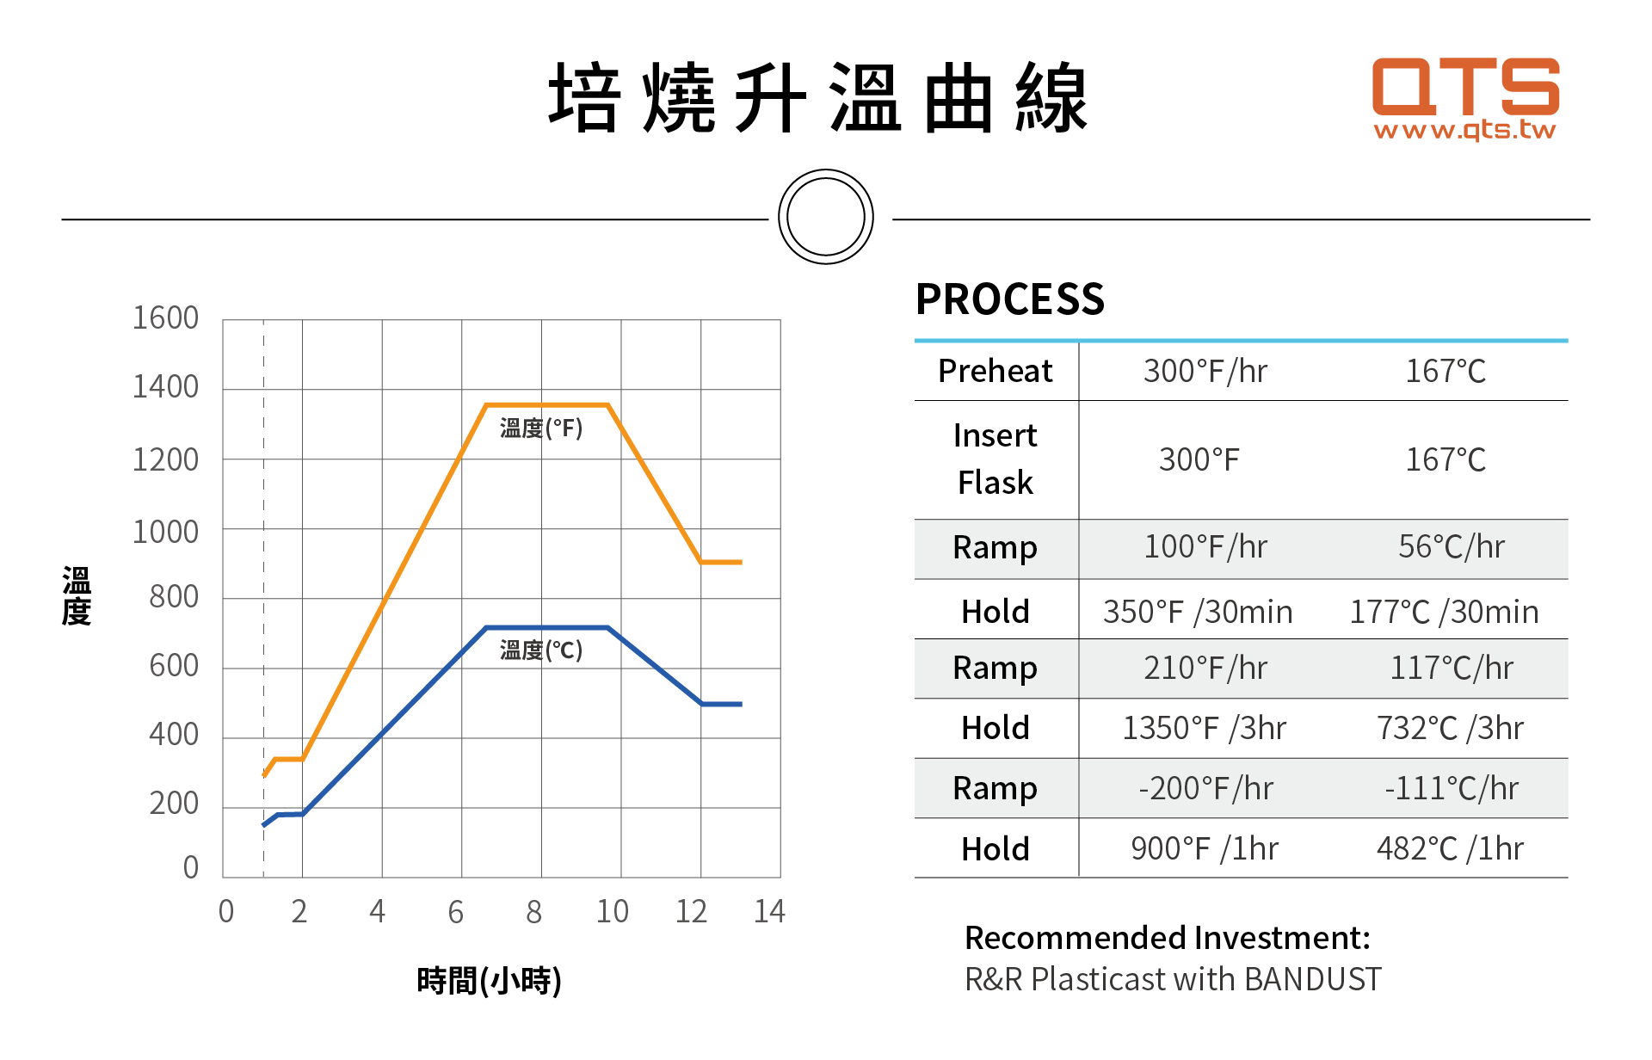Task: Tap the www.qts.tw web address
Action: [1464, 130]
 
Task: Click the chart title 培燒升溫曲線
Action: [818, 98]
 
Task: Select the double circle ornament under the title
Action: [825, 217]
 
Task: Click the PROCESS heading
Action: [1009, 299]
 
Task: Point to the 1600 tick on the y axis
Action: [165, 318]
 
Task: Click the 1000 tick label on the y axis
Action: [165, 533]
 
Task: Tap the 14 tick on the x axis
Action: [769, 911]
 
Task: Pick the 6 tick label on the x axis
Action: [455, 911]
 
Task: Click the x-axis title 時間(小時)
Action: [489, 980]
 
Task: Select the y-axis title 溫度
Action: [77, 595]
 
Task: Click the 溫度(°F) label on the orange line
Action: [540, 428]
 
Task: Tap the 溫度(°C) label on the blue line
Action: [540, 650]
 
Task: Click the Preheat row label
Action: [995, 371]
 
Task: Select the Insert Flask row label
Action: [995, 459]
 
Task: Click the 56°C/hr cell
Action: [1451, 546]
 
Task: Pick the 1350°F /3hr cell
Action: [1204, 728]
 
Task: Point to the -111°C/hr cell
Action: [1451, 788]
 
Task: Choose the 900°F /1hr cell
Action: [1204, 848]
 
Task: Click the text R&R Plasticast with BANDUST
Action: [1172, 979]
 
